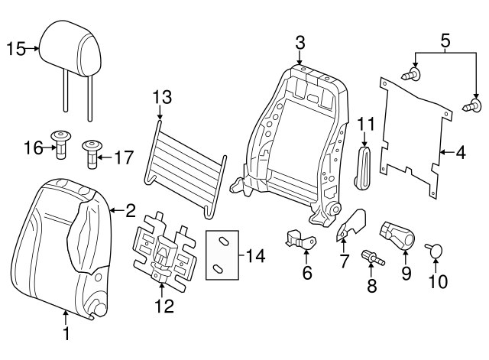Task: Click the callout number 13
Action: (x=162, y=97)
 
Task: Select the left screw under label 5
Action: (x=413, y=74)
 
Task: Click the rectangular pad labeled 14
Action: (x=222, y=255)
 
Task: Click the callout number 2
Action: (x=130, y=209)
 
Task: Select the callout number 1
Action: (x=66, y=334)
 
